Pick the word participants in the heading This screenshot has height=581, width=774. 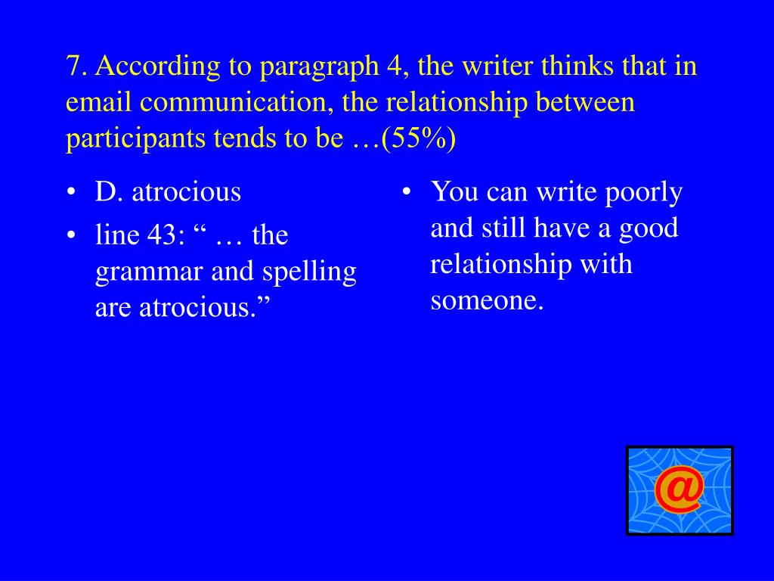(135, 139)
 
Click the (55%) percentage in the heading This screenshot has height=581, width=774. (419, 138)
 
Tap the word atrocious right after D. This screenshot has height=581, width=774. (186, 191)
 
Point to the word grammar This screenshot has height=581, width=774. (149, 272)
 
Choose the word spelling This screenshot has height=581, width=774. (309, 272)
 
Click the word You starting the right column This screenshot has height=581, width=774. (454, 191)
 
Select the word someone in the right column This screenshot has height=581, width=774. (487, 300)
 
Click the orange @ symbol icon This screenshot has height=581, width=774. (680, 490)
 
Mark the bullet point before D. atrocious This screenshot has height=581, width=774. (72, 191)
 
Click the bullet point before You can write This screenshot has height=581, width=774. (407, 191)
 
